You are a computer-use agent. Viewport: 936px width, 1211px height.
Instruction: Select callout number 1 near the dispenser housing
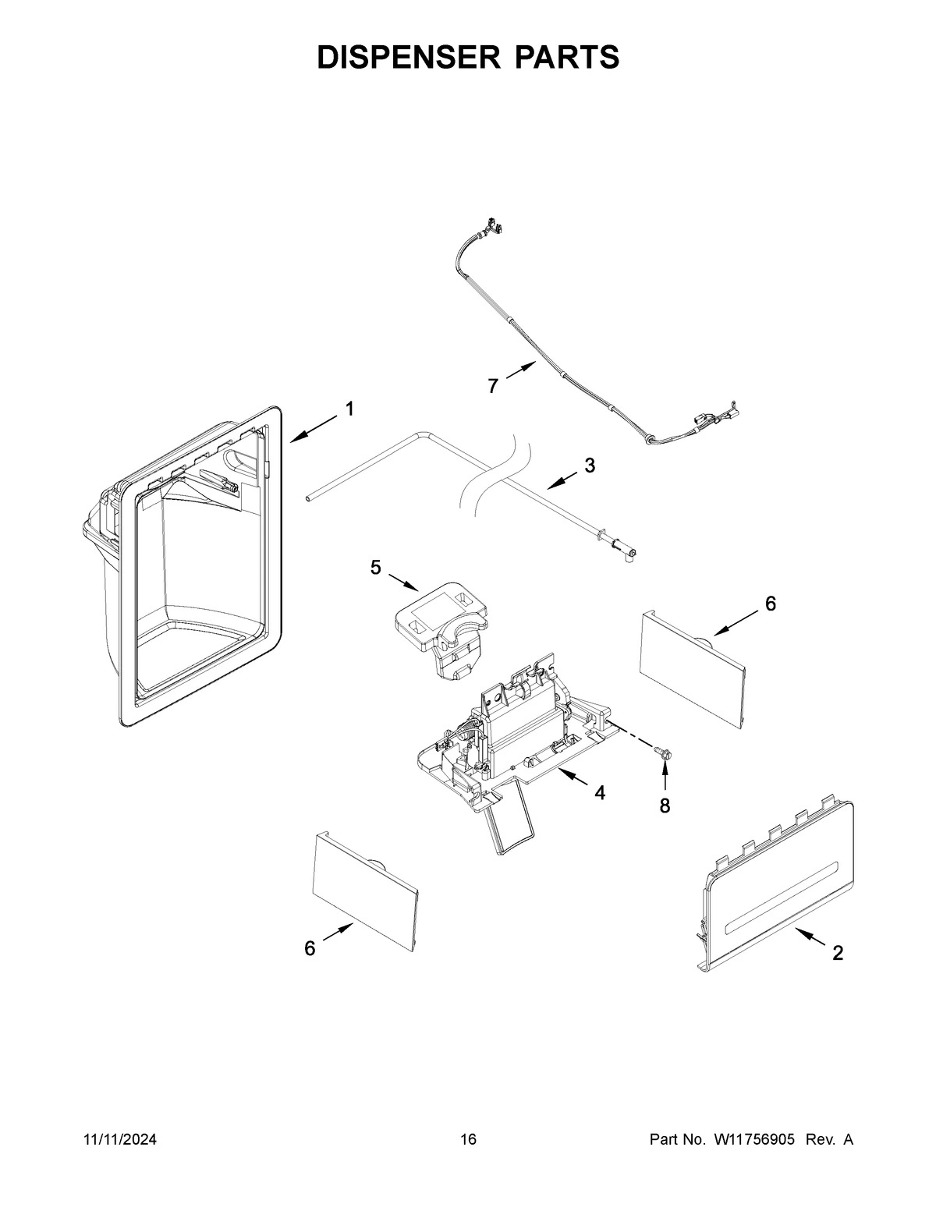(x=349, y=409)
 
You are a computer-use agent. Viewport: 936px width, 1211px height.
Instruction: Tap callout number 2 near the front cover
(x=838, y=953)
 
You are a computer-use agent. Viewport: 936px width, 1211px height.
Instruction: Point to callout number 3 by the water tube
(x=590, y=466)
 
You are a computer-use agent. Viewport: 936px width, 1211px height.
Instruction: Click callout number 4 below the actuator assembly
(x=599, y=792)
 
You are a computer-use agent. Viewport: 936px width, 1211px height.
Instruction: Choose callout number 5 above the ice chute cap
(x=376, y=568)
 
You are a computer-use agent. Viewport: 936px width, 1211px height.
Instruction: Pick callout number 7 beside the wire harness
(x=493, y=386)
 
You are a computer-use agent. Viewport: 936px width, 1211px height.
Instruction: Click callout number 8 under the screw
(x=665, y=806)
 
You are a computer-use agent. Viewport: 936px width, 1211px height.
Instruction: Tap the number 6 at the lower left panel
(x=310, y=948)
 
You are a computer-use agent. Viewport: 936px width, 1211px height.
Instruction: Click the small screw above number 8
(x=664, y=751)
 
